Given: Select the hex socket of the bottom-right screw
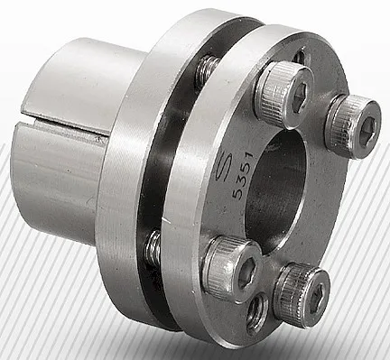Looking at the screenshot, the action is [x=317, y=298].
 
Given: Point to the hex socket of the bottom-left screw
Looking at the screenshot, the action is [x=247, y=271].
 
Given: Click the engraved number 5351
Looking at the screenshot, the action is [x=243, y=175].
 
